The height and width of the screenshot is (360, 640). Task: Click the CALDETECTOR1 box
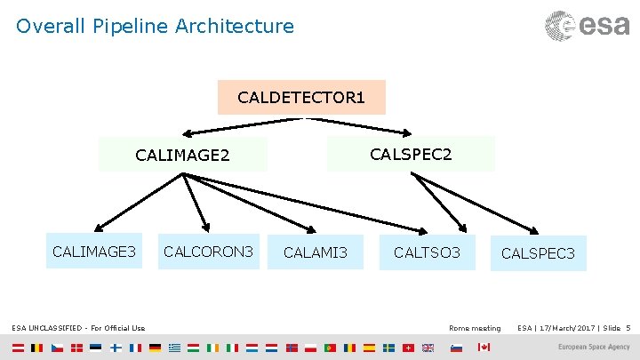pos(301,96)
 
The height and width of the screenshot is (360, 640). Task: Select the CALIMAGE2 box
pos(182,156)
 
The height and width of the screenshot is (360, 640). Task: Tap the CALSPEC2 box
pos(411,154)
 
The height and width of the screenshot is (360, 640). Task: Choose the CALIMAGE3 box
pos(94,252)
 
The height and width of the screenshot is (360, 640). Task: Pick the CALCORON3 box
pos(209,252)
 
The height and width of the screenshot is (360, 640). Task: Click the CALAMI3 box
pos(316,253)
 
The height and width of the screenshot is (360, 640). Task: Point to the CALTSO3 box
pos(427,253)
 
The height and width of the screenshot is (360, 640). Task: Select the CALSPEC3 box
pos(538,254)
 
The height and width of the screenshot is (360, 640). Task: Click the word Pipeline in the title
pos(124,27)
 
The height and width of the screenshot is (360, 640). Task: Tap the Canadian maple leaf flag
pos(484,347)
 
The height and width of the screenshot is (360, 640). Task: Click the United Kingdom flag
pos(428,347)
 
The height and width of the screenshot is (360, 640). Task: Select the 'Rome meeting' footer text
pos(475,329)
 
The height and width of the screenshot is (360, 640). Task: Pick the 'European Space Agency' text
pos(593,347)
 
